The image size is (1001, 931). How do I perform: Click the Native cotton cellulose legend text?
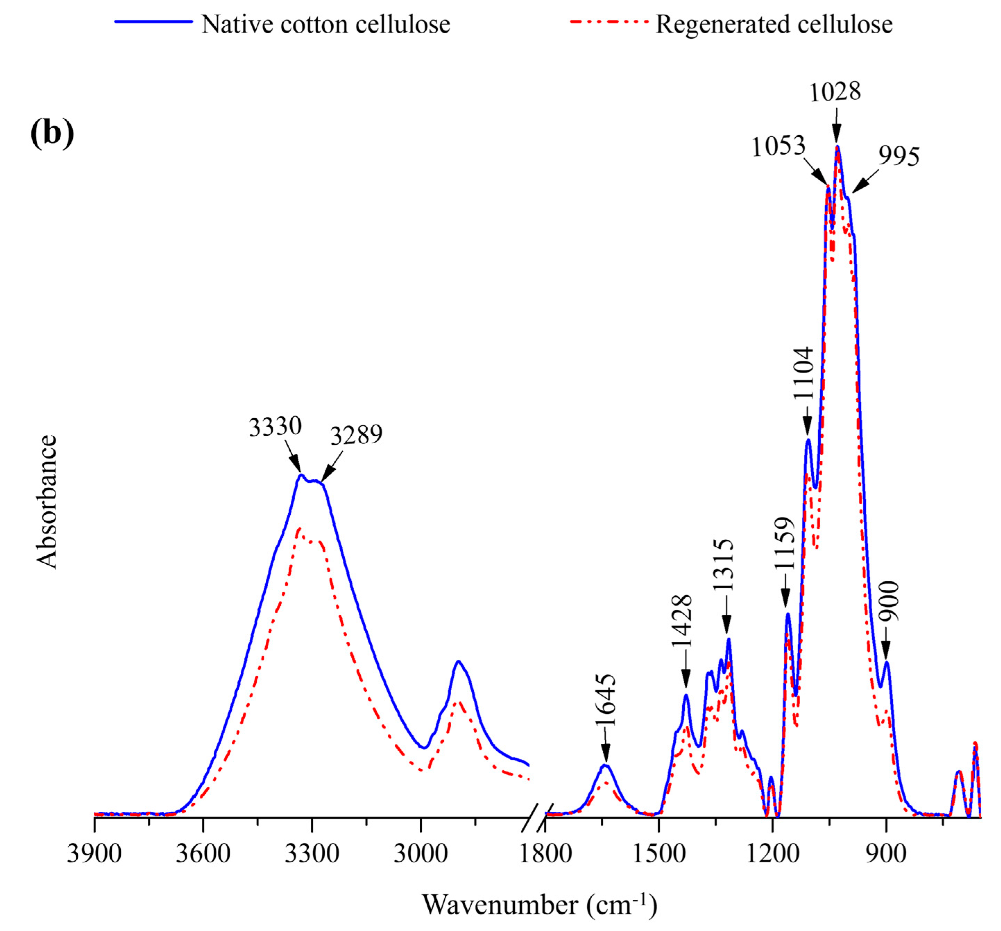(x=325, y=24)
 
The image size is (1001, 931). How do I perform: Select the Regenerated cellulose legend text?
(x=774, y=24)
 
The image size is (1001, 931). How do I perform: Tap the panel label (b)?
(x=52, y=134)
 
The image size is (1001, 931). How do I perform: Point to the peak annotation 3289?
(x=356, y=435)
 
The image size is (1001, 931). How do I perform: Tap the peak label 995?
(x=899, y=156)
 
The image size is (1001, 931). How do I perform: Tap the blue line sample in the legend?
(x=154, y=22)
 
